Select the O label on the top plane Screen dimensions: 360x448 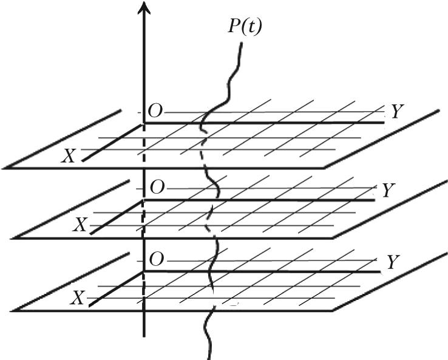click(x=156, y=110)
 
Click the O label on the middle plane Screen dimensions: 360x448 click(x=157, y=188)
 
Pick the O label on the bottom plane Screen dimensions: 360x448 click(x=156, y=259)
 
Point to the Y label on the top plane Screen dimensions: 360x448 click(x=397, y=112)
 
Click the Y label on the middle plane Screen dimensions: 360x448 click(x=389, y=191)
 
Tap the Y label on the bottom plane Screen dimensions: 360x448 click(x=393, y=262)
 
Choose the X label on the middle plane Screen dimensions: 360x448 click(x=80, y=226)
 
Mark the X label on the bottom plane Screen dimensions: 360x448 click(x=76, y=299)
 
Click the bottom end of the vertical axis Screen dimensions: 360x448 click(x=144, y=335)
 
